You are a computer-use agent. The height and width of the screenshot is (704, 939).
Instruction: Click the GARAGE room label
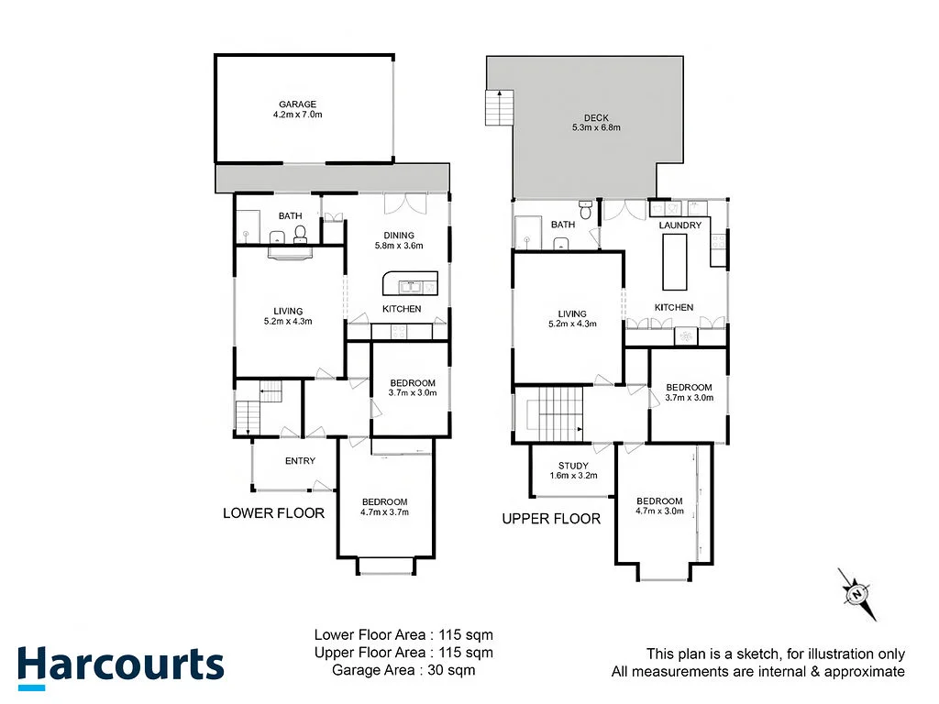tap(298, 104)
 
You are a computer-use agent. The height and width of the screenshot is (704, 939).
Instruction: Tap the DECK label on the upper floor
tap(596, 118)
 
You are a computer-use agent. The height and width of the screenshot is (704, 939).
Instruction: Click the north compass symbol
tap(857, 594)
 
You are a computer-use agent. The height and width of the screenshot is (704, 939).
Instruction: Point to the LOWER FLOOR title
tap(273, 513)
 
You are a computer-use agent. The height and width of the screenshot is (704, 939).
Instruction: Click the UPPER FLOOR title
tap(551, 519)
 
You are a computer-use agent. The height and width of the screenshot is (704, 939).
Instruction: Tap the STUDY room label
tap(573, 466)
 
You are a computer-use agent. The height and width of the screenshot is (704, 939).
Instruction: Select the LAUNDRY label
tap(679, 225)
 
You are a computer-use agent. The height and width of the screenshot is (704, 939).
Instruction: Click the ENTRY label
tap(300, 461)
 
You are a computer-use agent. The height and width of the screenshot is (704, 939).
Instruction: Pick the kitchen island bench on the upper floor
tap(674, 262)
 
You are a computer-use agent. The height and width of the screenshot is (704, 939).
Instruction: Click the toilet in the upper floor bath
tap(586, 210)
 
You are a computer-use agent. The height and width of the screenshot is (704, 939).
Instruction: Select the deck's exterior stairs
tap(500, 108)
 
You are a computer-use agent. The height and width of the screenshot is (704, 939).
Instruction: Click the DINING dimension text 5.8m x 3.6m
tap(399, 246)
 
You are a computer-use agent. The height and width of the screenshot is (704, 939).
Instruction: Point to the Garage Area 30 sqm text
tap(403, 670)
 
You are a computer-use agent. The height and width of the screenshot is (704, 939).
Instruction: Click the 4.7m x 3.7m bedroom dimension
tap(384, 511)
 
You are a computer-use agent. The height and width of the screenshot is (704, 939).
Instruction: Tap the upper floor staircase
tap(555, 414)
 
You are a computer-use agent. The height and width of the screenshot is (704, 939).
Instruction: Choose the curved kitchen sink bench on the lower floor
tap(410, 283)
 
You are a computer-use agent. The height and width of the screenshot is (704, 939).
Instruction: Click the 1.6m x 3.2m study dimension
tap(573, 476)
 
